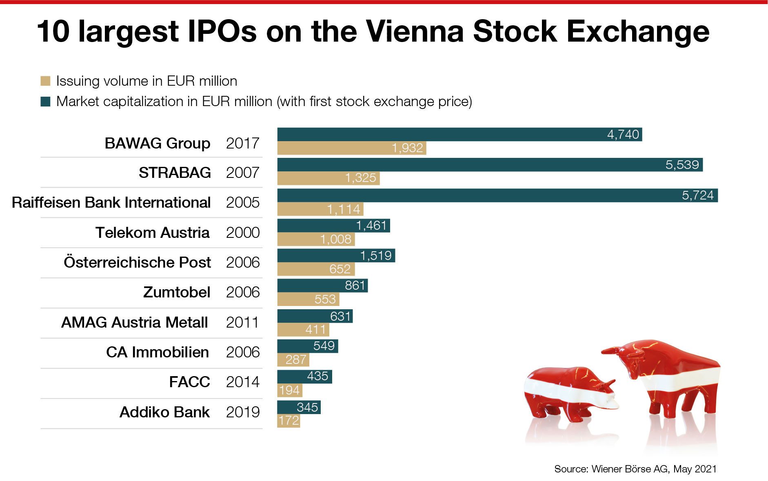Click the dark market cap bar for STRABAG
pyautogui.click(x=490, y=164)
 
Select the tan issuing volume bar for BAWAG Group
pyautogui.click(x=351, y=148)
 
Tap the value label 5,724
pyautogui.click(x=698, y=195)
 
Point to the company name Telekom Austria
pyautogui.click(x=152, y=233)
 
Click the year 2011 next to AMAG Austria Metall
pyautogui.click(x=242, y=322)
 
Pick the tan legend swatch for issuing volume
pyautogui.click(x=45, y=81)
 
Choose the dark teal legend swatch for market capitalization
pyautogui.click(x=45, y=101)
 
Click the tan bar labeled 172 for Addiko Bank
pyautogui.click(x=289, y=421)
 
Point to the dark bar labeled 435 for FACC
pyautogui.click(x=304, y=376)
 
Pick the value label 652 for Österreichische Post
pyautogui.click(x=340, y=269)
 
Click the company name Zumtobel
pyautogui.click(x=177, y=292)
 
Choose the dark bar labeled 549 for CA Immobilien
pyautogui.click(x=307, y=346)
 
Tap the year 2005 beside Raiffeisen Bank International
pyautogui.click(x=242, y=202)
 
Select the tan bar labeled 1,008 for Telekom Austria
pyautogui.click(x=316, y=239)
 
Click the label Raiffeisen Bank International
pyautogui.click(x=111, y=202)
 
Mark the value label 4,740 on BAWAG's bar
pyautogui.click(x=623, y=134)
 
